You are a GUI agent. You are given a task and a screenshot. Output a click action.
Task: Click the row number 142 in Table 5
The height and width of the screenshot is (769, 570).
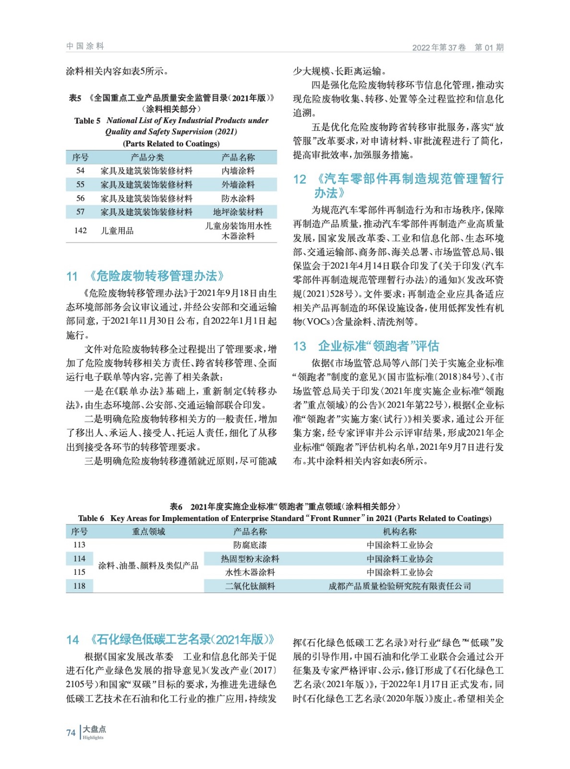click(80, 231)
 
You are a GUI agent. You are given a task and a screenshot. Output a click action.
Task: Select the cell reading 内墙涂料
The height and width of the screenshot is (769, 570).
click(238, 171)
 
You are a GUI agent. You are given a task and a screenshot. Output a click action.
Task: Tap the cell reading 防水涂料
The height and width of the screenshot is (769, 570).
click(238, 198)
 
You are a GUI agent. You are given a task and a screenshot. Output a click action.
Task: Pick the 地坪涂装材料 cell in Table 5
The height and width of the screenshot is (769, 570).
click(238, 212)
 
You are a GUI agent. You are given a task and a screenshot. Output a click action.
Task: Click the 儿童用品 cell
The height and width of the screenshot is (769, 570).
click(117, 231)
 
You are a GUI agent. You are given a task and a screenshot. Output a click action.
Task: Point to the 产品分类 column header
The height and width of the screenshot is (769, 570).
click(147, 157)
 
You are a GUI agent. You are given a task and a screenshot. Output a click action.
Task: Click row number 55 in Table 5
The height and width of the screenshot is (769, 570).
click(80, 185)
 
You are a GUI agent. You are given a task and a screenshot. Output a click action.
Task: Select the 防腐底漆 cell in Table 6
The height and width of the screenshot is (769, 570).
click(250, 545)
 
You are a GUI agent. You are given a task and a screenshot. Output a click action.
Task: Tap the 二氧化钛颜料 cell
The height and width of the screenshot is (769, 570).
click(250, 586)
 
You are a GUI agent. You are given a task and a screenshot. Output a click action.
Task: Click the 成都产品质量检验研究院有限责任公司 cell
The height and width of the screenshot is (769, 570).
click(400, 586)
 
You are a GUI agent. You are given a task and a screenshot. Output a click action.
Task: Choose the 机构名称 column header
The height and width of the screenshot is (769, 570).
click(400, 532)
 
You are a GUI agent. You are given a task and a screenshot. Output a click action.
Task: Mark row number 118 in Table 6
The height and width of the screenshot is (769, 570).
click(79, 586)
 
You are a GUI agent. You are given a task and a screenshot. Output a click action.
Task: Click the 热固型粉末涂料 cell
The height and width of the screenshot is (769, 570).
click(250, 559)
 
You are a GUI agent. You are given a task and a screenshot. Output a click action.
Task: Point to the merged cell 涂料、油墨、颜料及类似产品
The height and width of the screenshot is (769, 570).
click(148, 566)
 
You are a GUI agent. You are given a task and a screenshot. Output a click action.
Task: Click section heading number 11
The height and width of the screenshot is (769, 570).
click(72, 276)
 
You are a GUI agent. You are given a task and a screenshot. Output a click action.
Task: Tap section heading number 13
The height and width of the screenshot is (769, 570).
click(300, 347)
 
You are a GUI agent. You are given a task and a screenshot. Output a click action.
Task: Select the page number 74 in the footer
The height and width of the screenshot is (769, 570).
click(71, 733)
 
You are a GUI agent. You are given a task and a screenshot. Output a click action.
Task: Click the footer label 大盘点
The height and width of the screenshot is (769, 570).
click(95, 729)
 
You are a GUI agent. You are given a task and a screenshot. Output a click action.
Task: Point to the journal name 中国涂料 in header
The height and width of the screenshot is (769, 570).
click(85, 46)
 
